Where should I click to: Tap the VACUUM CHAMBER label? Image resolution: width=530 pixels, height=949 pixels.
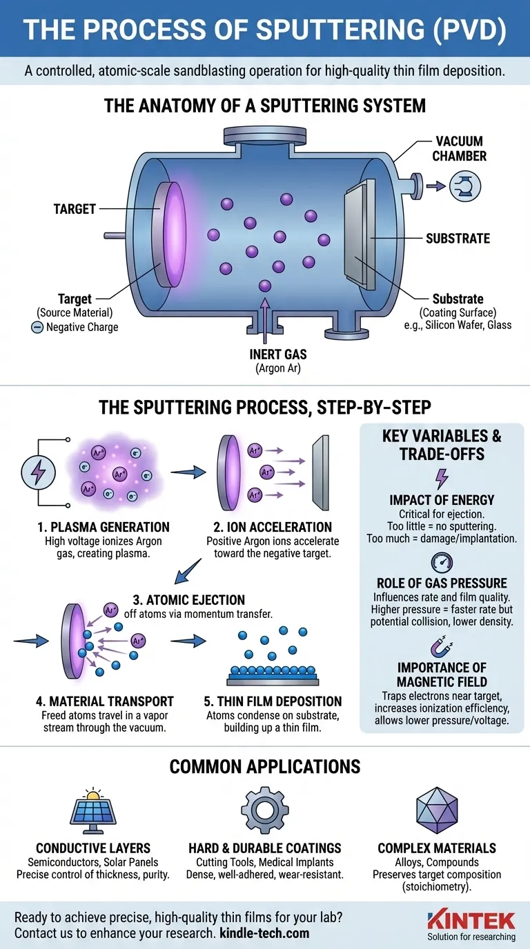[460, 148]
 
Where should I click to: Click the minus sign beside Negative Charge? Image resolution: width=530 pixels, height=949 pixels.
[37, 327]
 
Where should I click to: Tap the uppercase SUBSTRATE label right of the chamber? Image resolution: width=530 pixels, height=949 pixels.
[458, 239]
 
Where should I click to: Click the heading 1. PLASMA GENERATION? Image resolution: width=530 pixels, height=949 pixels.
[103, 527]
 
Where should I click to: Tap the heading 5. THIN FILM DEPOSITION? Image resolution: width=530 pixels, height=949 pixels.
[273, 701]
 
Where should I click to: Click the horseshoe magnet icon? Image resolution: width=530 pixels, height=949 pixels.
[441, 646]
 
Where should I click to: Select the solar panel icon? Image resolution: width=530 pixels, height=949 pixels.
[92, 812]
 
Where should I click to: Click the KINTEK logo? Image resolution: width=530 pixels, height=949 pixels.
[471, 919]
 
